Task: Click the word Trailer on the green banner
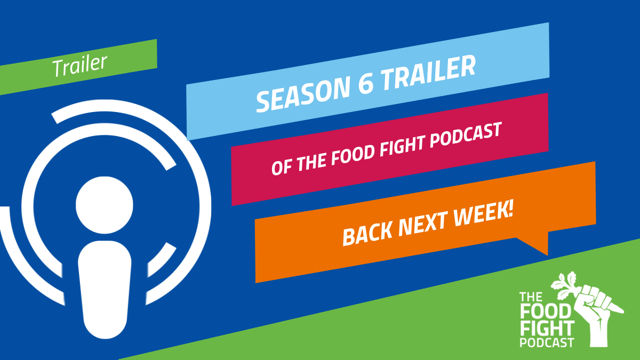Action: click(79, 66)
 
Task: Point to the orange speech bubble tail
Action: click(534, 243)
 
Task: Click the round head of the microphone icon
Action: click(105, 205)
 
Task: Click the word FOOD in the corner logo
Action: click(545, 311)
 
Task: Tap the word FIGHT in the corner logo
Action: click(547, 329)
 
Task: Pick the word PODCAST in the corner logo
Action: click(547, 342)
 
